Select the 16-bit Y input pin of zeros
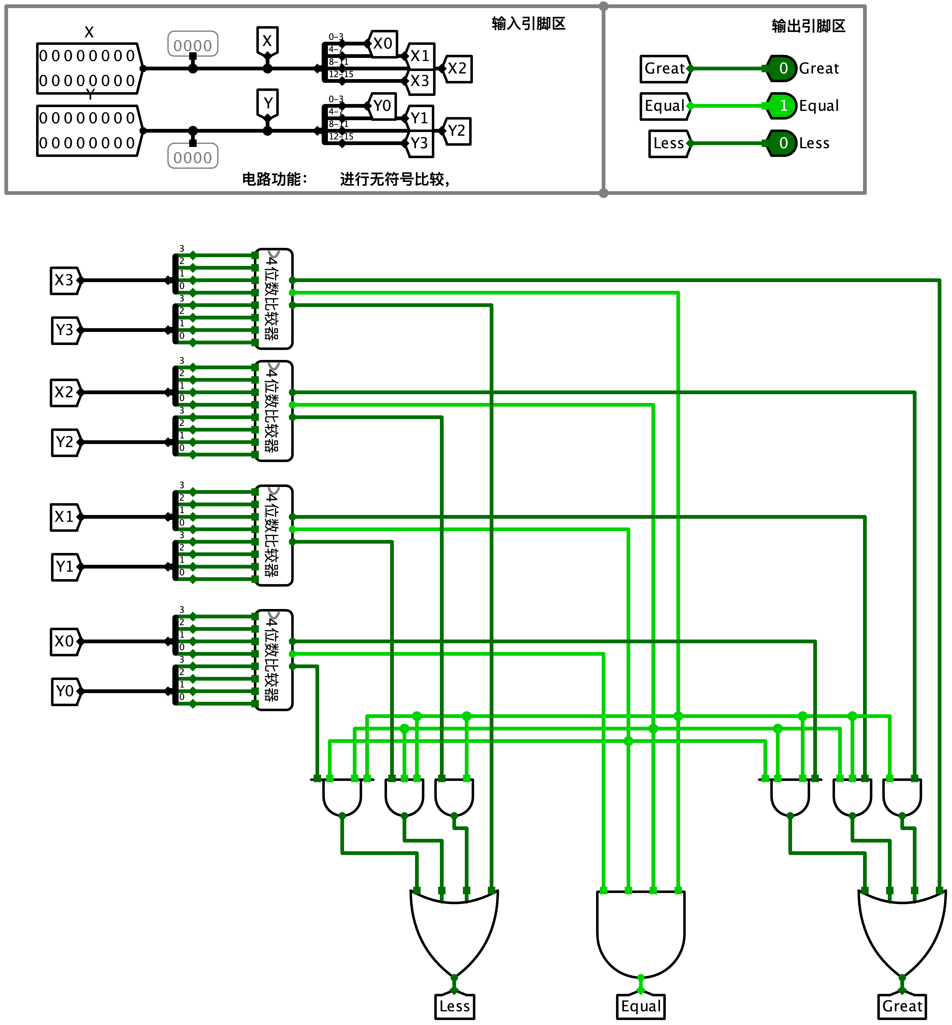pyautogui.click(x=89, y=130)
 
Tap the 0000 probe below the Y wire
pyautogui.click(x=193, y=157)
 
